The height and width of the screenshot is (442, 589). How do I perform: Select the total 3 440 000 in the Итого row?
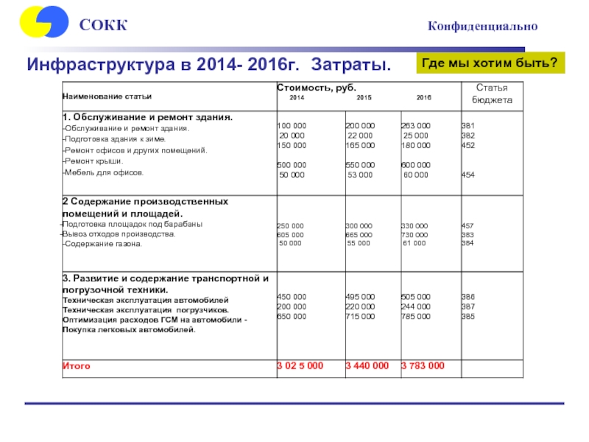367,365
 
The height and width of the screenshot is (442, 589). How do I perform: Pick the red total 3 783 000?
423,365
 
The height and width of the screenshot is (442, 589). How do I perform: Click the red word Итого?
76,365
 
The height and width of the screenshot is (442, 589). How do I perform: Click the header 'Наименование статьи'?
107,97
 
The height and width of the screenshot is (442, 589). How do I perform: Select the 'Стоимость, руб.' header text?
310,88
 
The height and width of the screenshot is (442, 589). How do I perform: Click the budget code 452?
468,145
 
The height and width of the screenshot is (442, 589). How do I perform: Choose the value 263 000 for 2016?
415,126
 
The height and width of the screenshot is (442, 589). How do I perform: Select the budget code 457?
468,225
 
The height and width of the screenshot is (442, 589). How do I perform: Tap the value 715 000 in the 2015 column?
360,316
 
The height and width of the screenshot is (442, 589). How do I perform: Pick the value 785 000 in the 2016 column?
415,316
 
